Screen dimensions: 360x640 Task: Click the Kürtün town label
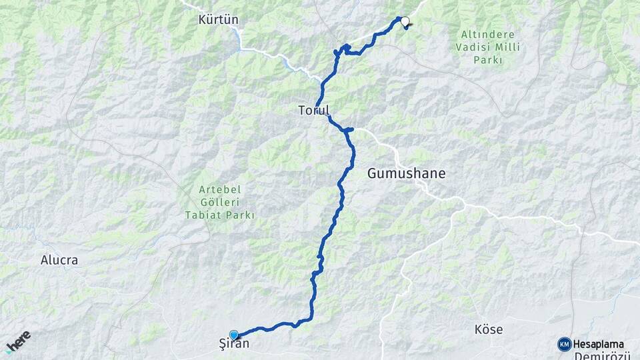(218, 20)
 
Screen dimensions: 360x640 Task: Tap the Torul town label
(313, 111)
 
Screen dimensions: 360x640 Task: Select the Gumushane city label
(406, 174)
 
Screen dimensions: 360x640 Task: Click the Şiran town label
(234, 345)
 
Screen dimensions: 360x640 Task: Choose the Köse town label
(488, 330)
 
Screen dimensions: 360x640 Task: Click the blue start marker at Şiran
(234, 335)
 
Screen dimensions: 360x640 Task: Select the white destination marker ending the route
(404, 21)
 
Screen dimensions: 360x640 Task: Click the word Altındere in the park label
(489, 33)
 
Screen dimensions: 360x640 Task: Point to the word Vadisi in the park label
(474, 47)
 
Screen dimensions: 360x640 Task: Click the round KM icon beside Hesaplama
(564, 344)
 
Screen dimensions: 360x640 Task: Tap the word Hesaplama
(598, 344)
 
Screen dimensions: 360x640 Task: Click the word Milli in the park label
(509, 47)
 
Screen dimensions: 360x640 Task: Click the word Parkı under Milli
(489, 61)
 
